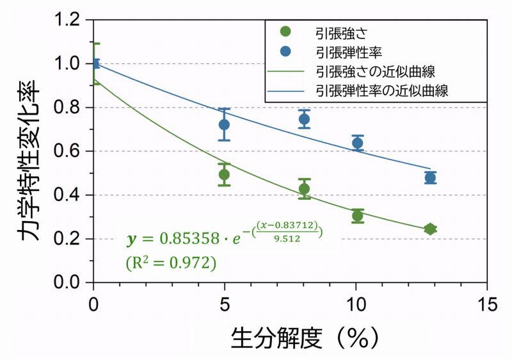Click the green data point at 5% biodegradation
point(224,174)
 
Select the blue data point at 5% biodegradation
point(224,124)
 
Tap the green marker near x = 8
point(304,188)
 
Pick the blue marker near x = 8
point(304,119)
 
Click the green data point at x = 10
point(358,216)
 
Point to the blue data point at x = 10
point(358,143)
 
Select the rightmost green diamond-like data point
point(430,229)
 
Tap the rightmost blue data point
point(430,177)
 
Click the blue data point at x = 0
point(95,63)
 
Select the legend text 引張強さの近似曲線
point(375,70)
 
